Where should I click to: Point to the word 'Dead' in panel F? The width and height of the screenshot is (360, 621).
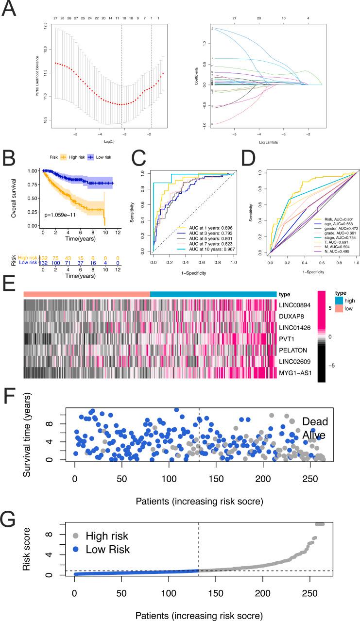point(315,421)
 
